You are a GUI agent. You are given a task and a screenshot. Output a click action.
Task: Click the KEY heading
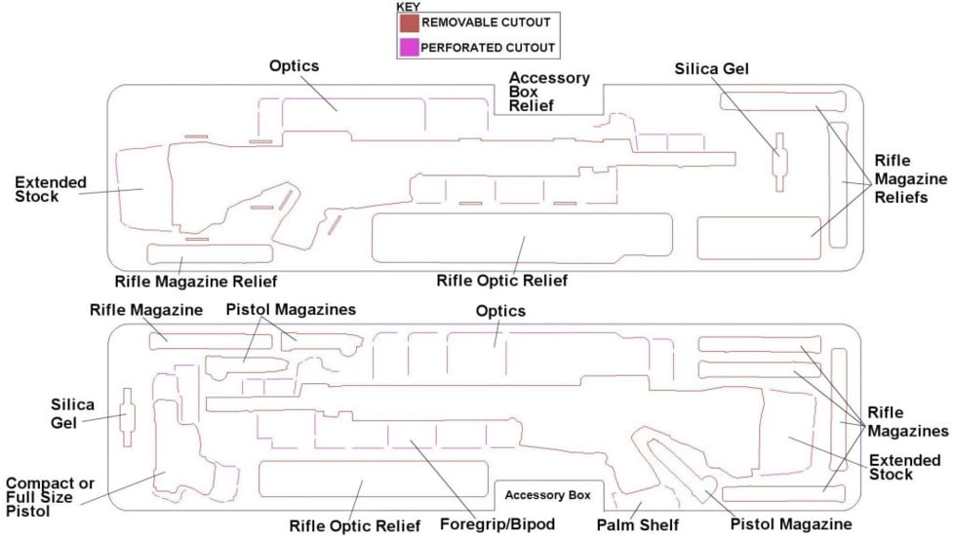pos(408,6)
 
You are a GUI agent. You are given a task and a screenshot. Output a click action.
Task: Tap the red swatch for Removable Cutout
pos(408,21)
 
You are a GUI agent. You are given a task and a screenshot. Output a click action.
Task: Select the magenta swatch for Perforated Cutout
pos(408,46)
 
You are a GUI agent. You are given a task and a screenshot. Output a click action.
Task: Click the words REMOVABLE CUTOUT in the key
pos(485,21)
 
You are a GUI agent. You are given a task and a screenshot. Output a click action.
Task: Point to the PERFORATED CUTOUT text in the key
pos(488,46)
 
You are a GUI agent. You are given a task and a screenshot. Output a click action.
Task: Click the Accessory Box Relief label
pos(549,92)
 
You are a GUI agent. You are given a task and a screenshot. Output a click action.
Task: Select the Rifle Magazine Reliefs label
pos(910,179)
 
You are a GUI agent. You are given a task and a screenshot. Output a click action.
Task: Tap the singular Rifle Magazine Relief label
pos(196,281)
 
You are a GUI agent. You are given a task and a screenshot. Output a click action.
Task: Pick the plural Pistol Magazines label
pos(291,310)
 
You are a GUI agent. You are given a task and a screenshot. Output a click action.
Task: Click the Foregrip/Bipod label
pos(497,524)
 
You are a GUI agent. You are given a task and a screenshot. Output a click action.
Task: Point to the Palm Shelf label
pos(638,525)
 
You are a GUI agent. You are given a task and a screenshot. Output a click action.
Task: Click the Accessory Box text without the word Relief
pos(547,495)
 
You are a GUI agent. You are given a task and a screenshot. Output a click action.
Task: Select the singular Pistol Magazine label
pos(790,524)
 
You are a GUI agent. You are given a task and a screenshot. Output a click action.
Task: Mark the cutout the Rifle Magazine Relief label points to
pos(210,254)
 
